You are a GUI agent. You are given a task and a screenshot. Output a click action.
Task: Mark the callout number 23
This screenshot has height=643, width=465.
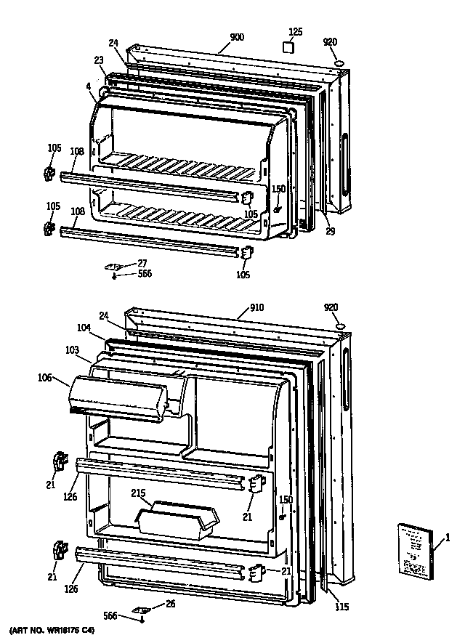99,61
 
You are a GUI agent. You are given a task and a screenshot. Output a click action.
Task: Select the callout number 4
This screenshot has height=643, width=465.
88,86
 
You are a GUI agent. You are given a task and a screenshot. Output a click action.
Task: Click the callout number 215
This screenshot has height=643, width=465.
138,494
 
